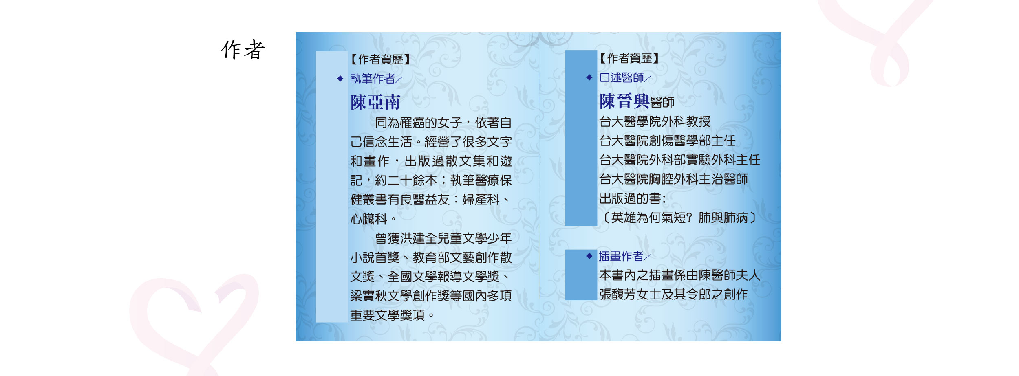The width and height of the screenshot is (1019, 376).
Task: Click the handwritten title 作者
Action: pyautogui.click(x=243, y=50)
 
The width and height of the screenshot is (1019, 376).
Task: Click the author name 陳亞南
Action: pyautogui.click(x=375, y=102)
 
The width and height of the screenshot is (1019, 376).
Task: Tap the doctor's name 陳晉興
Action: pyautogui.click(x=624, y=101)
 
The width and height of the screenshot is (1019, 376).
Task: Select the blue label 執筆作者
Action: pyautogui.click(x=373, y=79)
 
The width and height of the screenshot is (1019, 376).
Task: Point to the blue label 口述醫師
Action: pyautogui.click(x=622, y=77)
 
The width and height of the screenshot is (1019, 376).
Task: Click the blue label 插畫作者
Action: pyautogui.click(x=621, y=256)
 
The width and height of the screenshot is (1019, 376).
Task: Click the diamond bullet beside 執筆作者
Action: pyautogui.click(x=340, y=79)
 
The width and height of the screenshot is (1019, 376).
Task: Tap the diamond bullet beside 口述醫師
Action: pyautogui.click(x=589, y=77)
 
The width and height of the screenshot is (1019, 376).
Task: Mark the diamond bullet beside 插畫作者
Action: pyautogui.click(x=589, y=256)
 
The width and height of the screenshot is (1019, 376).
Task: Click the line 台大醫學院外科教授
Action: pyautogui.click(x=655, y=121)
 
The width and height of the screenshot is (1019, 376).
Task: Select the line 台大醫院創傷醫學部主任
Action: pyautogui.click(x=667, y=141)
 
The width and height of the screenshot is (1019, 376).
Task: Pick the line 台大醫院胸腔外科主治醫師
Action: pyautogui.click(x=673, y=179)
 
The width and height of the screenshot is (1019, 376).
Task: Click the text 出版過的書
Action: pyautogui.click(x=630, y=198)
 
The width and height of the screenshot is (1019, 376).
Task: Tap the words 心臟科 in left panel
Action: pyautogui.click(x=368, y=219)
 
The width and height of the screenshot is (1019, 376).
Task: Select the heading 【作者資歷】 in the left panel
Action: pyautogui.click(x=380, y=59)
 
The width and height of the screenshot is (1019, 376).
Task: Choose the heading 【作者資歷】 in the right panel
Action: pyautogui.click(x=629, y=58)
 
